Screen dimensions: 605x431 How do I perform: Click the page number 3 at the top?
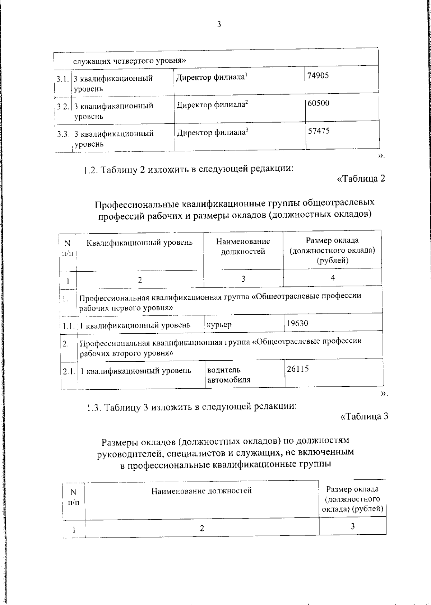tap(219, 25)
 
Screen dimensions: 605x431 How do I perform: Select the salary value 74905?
tap(318, 76)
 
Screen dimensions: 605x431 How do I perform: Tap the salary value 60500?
tap(318, 103)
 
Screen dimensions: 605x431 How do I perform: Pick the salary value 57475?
tap(319, 131)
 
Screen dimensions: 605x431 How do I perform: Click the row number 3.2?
tap(63, 107)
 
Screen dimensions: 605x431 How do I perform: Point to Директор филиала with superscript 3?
tap(213, 132)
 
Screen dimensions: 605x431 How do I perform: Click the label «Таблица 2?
tap(361, 178)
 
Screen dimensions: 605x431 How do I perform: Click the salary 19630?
tap(297, 323)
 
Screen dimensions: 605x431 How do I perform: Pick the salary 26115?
tap(298, 369)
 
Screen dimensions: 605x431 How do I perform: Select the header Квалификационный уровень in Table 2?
tap(139, 243)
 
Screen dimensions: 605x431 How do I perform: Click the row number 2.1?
tap(69, 371)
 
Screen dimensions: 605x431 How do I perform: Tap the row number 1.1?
tap(68, 326)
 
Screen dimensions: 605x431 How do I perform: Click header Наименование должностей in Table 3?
tap(201, 491)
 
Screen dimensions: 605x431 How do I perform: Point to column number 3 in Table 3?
tap(352, 526)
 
